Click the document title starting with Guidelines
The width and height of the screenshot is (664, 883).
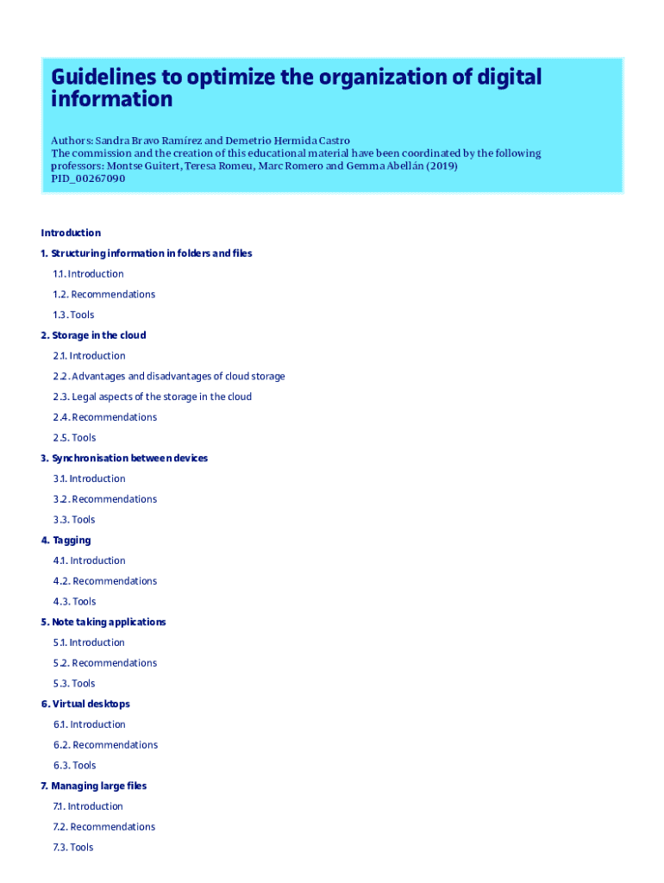tap(296, 88)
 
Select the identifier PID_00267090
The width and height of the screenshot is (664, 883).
tap(88, 178)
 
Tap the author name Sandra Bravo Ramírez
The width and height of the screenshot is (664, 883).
tap(147, 140)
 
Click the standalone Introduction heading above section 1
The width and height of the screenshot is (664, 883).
tap(71, 233)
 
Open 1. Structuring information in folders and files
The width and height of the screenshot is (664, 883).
tap(147, 254)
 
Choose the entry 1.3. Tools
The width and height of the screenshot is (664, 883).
tap(73, 315)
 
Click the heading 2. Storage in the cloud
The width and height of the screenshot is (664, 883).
tap(93, 335)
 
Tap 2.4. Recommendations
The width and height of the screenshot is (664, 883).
tap(104, 417)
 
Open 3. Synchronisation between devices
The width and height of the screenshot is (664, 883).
tap(124, 458)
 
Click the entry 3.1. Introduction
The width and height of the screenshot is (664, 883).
tap(89, 479)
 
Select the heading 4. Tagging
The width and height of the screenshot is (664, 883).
tap(66, 541)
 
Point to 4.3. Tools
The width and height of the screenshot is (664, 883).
tap(74, 602)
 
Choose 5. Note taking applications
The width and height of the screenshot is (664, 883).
tap(103, 622)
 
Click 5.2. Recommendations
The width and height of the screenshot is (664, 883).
tap(104, 663)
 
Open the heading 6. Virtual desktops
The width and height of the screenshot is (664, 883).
tap(85, 704)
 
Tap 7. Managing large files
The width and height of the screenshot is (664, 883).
tap(94, 786)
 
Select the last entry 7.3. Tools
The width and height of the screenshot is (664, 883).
tap(72, 848)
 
